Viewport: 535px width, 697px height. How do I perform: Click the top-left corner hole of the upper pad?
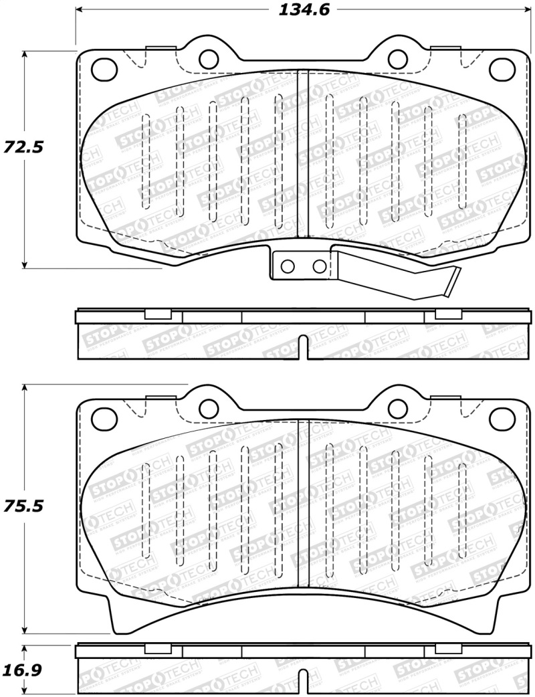tap(103, 68)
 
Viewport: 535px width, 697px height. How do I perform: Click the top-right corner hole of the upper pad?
tap(501, 68)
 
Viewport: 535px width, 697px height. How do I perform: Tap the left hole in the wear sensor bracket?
tap(288, 266)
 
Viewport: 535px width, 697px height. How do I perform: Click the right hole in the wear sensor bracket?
tap(320, 266)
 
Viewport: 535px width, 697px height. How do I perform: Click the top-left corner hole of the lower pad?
tap(103, 418)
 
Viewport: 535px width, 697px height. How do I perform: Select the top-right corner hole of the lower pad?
tap(501, 418)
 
